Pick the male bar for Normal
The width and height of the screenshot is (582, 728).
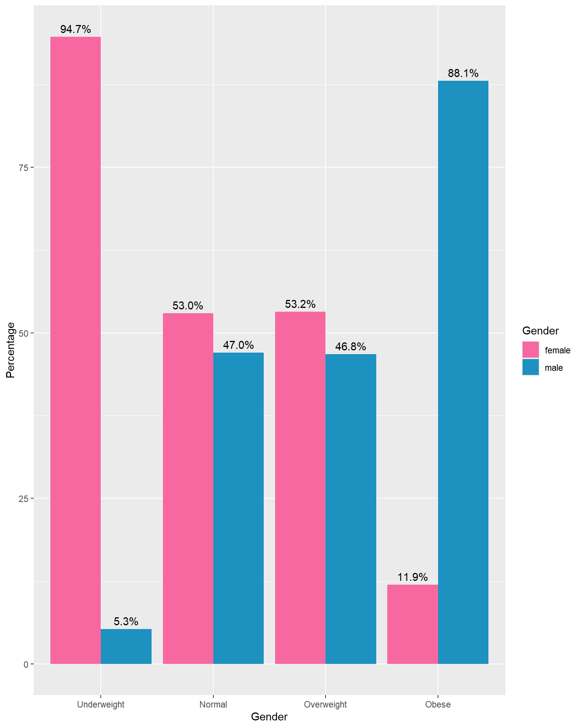tap(238, 508)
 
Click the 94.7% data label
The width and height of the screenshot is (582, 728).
tap(75, 29)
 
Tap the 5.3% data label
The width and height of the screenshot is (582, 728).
tap(126, 621)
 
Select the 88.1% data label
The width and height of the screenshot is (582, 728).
tap(463, 73)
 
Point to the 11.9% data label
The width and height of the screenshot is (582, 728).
tap(412, 577)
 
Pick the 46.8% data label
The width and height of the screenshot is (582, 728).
tap(351, 347)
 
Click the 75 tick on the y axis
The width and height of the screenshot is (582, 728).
tap(23, 168)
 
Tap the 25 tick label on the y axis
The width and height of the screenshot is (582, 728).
tap(23, 499)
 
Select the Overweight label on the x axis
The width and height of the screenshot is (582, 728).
tap(325, 704)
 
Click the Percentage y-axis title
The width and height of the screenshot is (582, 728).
tap(10, 350)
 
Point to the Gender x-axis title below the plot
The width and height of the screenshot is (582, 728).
tap(269, 717)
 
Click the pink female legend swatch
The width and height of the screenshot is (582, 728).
tap(530, 350)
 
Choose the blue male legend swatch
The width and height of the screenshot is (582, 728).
tap(530, 367)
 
